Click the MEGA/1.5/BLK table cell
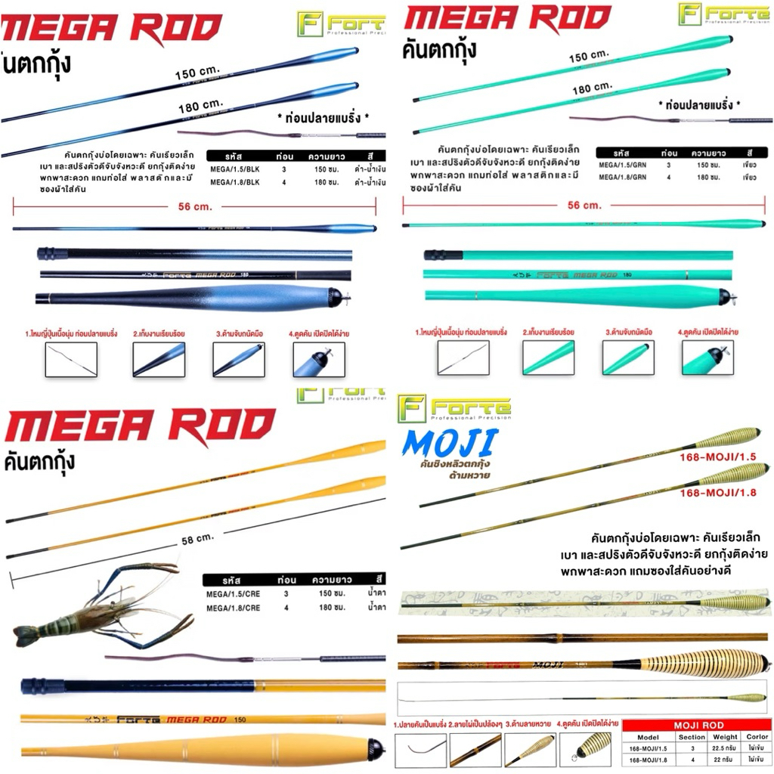234,169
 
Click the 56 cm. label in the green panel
584,205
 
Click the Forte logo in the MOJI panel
456,407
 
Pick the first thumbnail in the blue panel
71,358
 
